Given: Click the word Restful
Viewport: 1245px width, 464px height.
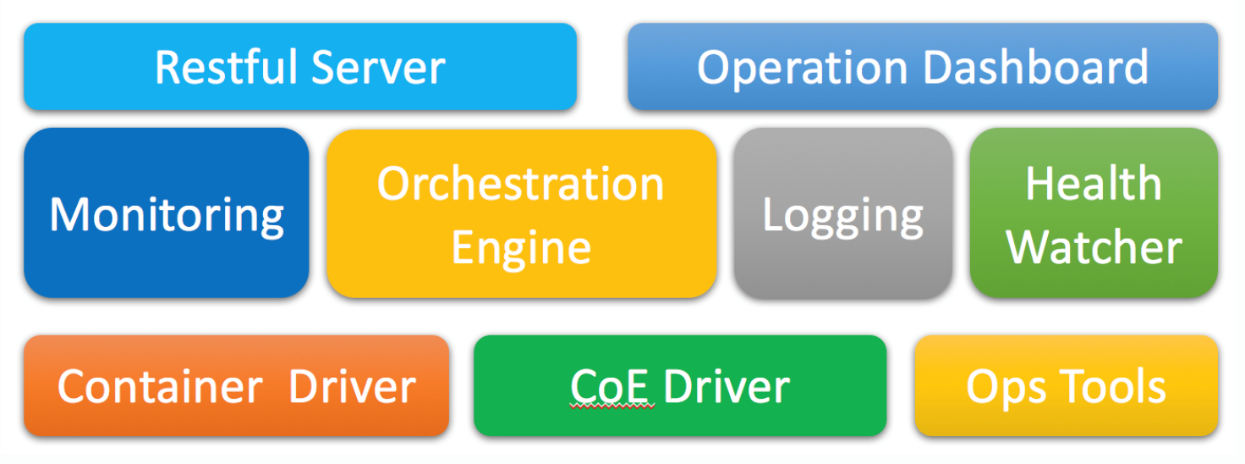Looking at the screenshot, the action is tap(227, 68).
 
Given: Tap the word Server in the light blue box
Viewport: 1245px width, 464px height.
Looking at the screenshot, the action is tap(379, 68).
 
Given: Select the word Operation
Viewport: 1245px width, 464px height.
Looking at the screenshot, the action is tap(803, 69).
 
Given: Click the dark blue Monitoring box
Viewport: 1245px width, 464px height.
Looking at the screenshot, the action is tap(167, 213).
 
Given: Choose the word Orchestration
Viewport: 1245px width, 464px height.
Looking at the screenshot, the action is tap(521, 184).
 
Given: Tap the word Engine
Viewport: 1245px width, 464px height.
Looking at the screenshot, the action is tap(521, 249).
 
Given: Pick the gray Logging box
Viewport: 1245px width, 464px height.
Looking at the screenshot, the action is tap(843, 213).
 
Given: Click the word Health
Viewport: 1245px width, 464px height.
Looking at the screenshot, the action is tap(1094, 183).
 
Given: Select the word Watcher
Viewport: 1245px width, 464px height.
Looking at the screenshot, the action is tap(1094, 247).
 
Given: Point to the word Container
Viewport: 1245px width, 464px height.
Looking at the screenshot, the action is tap(160, 386).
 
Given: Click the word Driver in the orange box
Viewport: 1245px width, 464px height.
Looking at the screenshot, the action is tap(353, 386).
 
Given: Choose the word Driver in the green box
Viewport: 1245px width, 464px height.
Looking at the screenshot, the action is tap(727, 386).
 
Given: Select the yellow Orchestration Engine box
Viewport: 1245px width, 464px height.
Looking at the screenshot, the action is tap(521, 213).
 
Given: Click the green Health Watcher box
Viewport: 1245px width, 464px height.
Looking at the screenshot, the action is tap(1094, 213).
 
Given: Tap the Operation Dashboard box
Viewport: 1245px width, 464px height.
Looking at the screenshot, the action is tap(924, 67).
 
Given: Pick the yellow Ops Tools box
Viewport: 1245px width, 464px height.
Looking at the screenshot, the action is tap(1067, 385).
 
